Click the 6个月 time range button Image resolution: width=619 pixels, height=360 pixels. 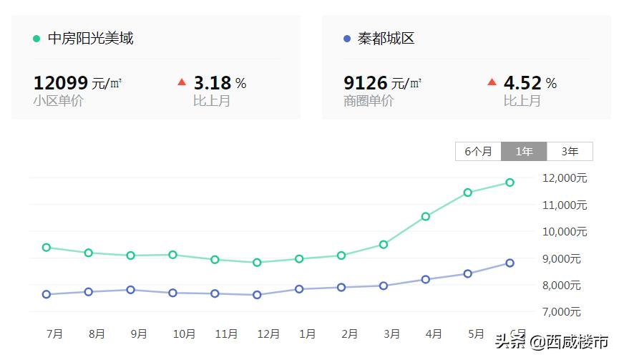[478, 151]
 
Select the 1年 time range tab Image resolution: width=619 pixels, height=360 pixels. [524, 151]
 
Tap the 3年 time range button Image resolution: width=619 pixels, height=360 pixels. [570, 151]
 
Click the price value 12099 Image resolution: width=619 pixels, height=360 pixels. [60, 83]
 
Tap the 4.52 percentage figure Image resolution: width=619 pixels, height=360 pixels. [522, 83]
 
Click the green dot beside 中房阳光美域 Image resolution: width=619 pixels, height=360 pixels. [36, 39]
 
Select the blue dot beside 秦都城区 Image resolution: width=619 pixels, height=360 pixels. [347, 39]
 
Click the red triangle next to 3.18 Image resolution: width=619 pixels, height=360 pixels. [182, 82]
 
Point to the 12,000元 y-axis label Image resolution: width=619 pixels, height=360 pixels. [565, 177]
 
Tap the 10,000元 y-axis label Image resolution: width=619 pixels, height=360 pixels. [565, 231]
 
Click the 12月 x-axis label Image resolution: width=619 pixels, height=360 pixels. [268, 334]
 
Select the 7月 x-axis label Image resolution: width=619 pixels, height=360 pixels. [54, 334]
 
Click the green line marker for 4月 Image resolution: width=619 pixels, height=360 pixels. [426, 216]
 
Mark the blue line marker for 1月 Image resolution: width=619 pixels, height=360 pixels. [299, 289]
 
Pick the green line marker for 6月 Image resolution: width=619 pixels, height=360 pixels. [510, 183]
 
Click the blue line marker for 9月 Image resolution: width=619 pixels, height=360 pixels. [130, 290]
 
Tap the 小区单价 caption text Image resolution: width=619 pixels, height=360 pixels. [59, 101]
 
